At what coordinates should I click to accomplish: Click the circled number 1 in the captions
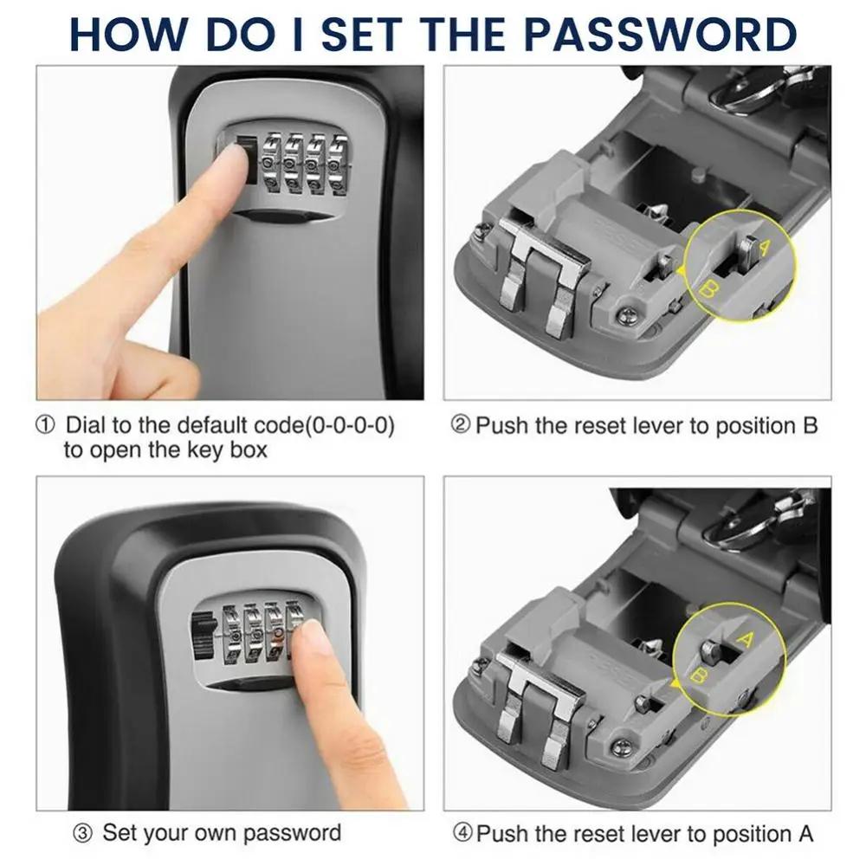click(45, 426)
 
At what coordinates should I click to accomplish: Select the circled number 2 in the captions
click(461, 426)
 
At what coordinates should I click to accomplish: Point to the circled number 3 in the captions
click(82, 834)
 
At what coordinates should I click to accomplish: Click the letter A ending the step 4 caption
click(805, 834)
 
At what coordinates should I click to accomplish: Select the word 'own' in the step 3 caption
click(215, 834)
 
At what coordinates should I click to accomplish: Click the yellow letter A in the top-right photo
click(764, 248)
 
